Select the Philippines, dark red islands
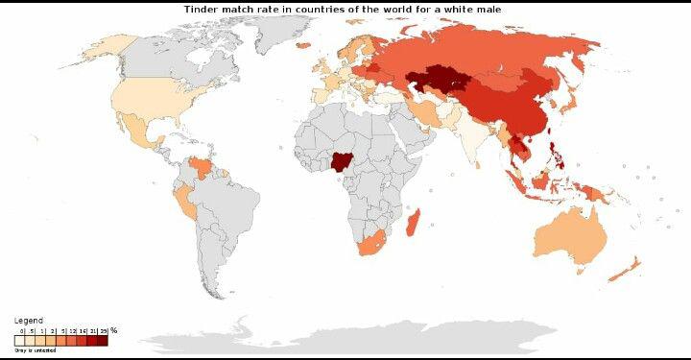(553, 152)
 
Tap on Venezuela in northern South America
(202, 167)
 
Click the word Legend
(28, 320)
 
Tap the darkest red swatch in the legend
(103, 338)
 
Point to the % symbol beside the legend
(113, 330)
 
